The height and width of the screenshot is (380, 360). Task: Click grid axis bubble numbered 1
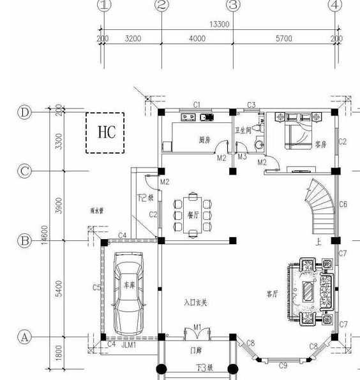point(104,6)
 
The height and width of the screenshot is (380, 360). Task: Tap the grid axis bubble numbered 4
point(335,6)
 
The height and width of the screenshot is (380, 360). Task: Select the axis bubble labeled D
point(24,112)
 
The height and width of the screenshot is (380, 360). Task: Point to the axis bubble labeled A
point(24,337)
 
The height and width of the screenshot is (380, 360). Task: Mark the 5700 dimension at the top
point(283,39)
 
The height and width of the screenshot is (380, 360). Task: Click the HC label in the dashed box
point(107,132)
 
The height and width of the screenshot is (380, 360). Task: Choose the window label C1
point(197,105)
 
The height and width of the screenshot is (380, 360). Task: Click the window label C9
point(283,365)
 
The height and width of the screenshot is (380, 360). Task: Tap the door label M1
point(198,328)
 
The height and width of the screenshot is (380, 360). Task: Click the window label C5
point(96,288)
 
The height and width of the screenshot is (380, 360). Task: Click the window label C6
point(343,205)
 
